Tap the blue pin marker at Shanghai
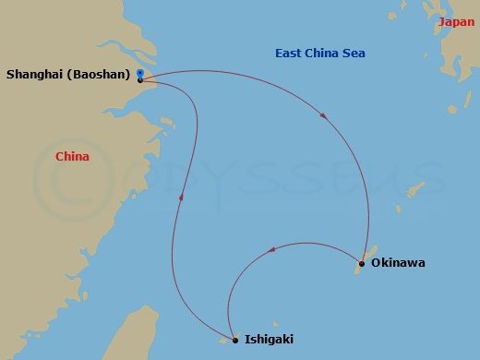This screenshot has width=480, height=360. click(x=139, y=72)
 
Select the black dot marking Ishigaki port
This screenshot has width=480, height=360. click(x=235, y=341)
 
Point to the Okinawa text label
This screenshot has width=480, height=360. click(x=398, y=263)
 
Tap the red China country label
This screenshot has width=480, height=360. click(x=72, y=157)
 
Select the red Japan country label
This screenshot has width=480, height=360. click(x=457, y=22)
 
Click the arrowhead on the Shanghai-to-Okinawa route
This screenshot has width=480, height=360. click(x=321, y=115)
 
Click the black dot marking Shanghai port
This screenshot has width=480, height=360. click(x=139, y=80)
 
